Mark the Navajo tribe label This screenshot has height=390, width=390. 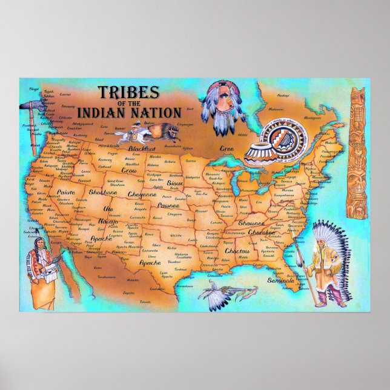click(108, 223)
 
